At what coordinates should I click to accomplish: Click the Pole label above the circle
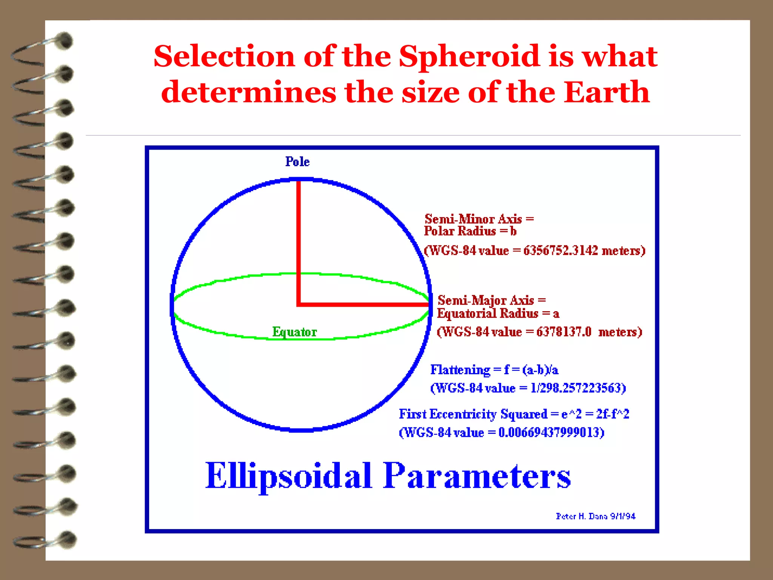click(297, 162)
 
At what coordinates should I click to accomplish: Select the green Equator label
click(294, 332)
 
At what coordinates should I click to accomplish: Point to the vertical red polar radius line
click(298, 242)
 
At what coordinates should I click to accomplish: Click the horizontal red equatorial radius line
click(362, 304)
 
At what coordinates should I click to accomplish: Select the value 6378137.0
click(564, 332)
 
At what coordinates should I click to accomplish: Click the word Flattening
click(460, 370)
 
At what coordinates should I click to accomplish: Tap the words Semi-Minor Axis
click(473, 219)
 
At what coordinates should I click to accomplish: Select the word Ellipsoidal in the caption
click(289, 476)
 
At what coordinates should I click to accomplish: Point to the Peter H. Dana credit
click(595, 516)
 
